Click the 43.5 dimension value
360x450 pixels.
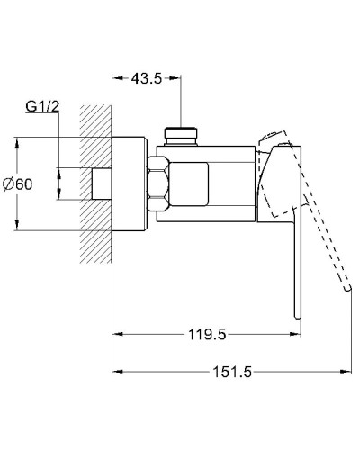click(146, 79)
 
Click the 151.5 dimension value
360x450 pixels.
click(232, 370)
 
